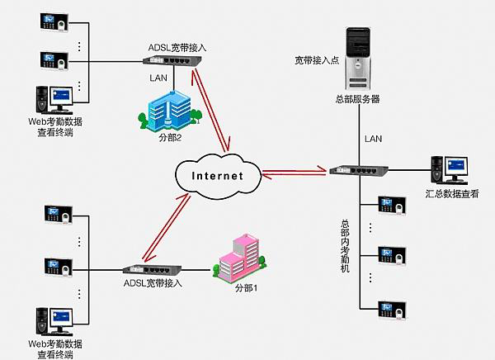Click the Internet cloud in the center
tap(217, 175)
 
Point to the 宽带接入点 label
tap(316, 60)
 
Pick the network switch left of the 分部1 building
tap(147, 270)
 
